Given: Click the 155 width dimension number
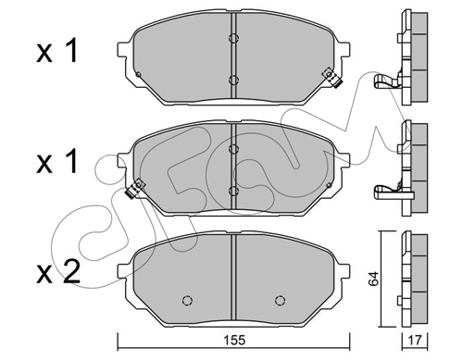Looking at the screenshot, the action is click(x=235, y=340).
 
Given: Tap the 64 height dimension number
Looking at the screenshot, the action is click(x=373, y=279).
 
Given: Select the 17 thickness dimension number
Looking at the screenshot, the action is click(x=415, y=341).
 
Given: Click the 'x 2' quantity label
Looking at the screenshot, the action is click(x=58, y=272).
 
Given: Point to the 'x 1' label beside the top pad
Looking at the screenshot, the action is click(x=57, y=52).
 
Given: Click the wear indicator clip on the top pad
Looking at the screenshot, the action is click(x=332, y=78).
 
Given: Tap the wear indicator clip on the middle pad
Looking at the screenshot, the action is click(x=135, y=189).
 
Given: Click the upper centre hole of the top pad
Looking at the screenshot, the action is click(x=233, y=38).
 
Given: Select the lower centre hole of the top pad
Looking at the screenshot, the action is click(x=233, y=80).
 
